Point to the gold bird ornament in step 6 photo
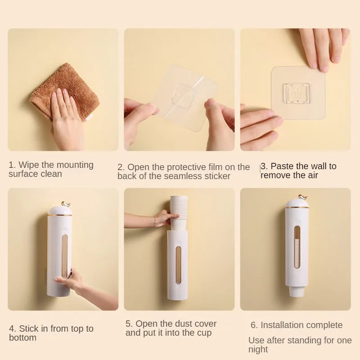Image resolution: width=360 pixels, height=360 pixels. coord(303,197)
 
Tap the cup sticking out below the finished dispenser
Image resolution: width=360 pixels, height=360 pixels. coord(297,292)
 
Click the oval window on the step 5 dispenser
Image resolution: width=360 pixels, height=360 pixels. coord(178,265)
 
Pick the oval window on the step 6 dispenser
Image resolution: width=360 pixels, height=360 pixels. coord(297,247)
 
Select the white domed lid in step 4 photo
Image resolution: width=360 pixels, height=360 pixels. coord(60,210)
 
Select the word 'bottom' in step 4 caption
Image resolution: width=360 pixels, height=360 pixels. coord(23,338)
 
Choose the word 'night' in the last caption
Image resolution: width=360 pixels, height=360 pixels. coord(258,350)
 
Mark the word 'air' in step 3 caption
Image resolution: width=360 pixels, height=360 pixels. coord(312,175)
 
